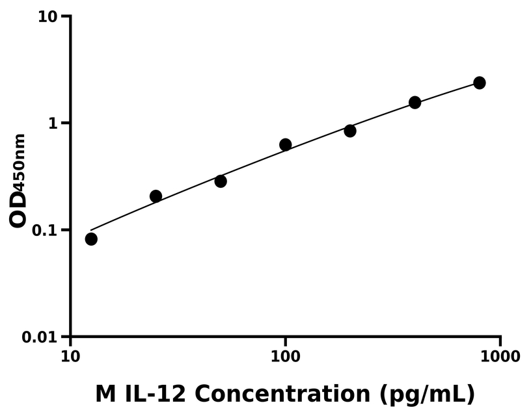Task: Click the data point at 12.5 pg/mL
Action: point(91,239)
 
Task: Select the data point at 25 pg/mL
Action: point(156,196)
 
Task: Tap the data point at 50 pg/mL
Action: point(221,181)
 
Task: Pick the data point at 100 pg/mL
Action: point(285,144)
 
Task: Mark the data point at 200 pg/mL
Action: point(350,131)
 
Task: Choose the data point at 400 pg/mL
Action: point(415,102)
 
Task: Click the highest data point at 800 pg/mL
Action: point(480,83)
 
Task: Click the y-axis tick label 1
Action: point(54,123)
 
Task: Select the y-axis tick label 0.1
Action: point(45,231)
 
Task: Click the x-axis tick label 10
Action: point(70,356)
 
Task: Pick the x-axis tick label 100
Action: point(285,356)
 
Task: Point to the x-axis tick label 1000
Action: point(500,356)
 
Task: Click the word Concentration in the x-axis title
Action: point(284,393)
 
